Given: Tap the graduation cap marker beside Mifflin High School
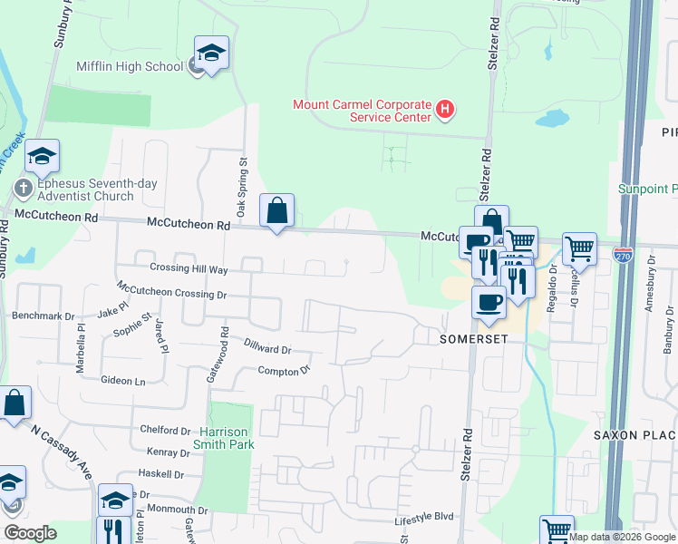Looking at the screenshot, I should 211,54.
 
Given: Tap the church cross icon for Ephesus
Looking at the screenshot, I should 24,189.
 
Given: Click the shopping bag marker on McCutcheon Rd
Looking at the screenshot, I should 277,212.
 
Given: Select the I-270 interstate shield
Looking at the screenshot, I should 623,255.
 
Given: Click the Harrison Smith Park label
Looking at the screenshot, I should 224,438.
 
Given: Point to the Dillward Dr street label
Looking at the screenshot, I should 267,345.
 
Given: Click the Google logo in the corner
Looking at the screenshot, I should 30,533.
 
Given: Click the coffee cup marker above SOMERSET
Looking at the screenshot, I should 489,303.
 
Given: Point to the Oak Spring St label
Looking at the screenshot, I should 243,177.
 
